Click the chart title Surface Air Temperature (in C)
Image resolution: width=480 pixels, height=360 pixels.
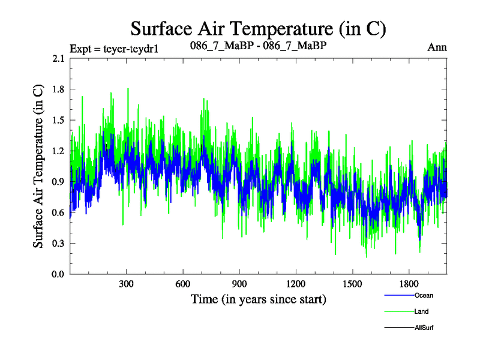258,28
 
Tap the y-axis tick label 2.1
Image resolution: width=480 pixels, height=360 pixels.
59,58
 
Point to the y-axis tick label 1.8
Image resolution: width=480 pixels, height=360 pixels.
59,89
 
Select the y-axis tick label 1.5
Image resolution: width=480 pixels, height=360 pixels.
59,120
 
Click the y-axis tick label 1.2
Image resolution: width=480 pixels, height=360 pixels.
59,151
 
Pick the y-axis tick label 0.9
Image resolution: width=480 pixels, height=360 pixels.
59,182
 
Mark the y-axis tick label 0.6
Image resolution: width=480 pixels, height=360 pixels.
59,212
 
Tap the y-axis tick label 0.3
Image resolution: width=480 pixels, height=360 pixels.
59,244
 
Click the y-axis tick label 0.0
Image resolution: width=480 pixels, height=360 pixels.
59,274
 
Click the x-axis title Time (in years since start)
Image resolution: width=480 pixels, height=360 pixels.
258,298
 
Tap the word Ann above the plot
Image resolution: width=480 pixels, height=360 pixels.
437,47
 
